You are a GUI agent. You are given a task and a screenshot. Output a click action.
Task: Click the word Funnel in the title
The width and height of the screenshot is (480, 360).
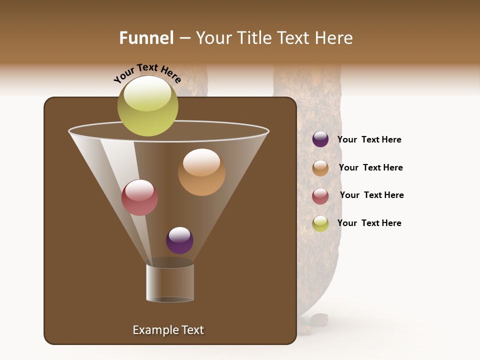(x=146, y=37)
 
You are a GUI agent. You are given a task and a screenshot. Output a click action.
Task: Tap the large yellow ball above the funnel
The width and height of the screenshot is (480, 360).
(x=147, y=106)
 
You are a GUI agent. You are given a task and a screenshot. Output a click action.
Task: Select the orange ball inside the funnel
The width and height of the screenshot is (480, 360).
(x=201, y=172)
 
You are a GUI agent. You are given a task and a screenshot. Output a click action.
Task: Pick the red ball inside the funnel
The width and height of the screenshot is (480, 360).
(x=139, y=197)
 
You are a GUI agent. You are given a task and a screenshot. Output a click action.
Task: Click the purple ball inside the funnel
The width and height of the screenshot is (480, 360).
(x=179, y=240)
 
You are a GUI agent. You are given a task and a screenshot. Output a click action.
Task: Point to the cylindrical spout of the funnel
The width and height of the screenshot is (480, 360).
(x=170, y=283)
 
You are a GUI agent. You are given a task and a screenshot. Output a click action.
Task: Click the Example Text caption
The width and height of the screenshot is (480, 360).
(x=168, y=330)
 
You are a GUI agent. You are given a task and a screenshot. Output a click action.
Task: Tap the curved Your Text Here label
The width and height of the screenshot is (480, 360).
(x=147, y=73)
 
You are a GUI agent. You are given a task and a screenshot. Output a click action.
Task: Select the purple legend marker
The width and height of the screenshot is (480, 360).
(x=320, y=139)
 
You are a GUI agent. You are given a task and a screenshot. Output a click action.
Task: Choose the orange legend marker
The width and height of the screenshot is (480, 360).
(x=320, y=168)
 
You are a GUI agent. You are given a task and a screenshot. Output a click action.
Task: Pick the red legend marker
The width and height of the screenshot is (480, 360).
(x=320, y=196)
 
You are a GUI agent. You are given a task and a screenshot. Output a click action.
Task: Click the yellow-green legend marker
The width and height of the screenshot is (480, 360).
(x=320, y=223)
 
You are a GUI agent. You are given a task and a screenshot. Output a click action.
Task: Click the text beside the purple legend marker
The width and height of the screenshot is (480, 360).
(x=369, y=139)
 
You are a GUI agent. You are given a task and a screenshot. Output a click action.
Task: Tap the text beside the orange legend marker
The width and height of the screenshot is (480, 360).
(x=370, y=167)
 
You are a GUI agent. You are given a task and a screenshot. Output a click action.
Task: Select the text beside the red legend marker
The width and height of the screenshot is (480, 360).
(x=371, y=195)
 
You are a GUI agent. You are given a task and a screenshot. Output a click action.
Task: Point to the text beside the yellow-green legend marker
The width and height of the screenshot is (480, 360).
(x=369, y=223)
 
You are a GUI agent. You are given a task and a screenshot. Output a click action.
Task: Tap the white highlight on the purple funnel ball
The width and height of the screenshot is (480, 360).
(x=179, y=234)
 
